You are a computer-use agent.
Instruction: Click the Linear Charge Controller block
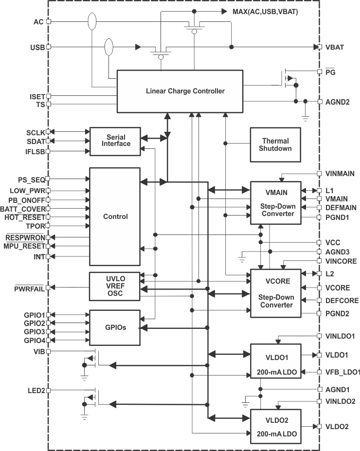tap(179, 91)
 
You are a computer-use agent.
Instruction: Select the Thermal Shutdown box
tap(275, 144)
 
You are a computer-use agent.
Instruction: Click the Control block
tap(115, 216)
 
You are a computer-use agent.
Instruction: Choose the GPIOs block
tap(115, 327)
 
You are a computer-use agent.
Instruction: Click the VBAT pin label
tap(334, 47)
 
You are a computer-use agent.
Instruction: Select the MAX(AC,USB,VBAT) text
tap(265, 11)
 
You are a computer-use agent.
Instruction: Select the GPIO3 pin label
tap(34, 331)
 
